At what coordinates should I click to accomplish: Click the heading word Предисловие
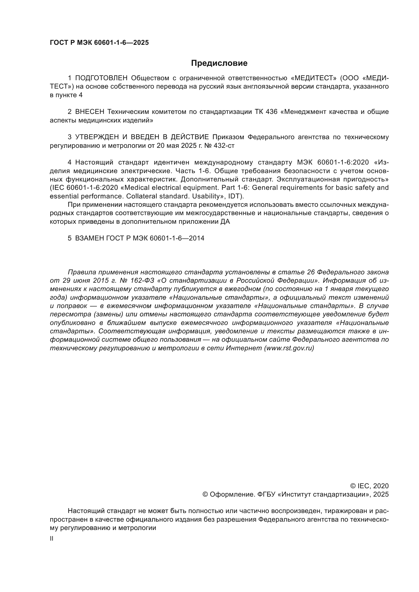pos(219,63)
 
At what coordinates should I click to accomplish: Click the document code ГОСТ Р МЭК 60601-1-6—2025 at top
pos(99,43)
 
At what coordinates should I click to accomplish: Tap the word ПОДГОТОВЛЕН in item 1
pos(101,78)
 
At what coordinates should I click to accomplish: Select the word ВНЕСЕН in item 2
pos(89,112)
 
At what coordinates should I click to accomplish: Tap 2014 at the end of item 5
pos(197,238)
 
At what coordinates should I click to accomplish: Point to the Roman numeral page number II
pos(52,539)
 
